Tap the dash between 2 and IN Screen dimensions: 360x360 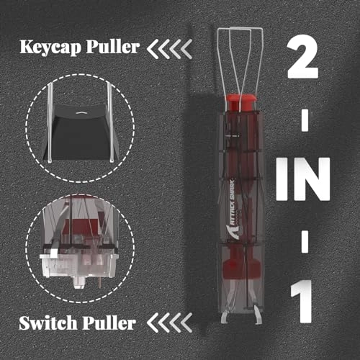coord(305,120)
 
